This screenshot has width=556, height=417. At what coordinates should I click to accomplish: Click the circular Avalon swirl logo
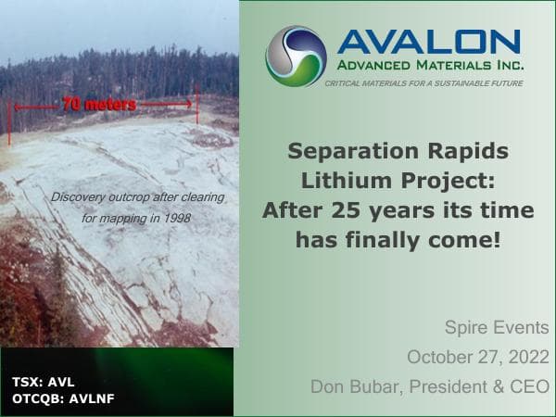[296, 56]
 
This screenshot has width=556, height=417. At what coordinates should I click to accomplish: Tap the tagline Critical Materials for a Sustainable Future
[423, 83]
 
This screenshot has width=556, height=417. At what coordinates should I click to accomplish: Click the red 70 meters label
[98, 105]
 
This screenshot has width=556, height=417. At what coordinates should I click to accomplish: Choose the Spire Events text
[497, 328]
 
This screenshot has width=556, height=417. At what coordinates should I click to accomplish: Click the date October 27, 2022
[478, 357]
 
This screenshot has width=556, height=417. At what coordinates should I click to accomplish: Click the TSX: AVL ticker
[45, 382]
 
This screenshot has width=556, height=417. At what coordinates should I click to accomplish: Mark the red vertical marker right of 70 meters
[197, 104]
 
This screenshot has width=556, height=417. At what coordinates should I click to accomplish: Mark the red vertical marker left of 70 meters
[9, 120]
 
